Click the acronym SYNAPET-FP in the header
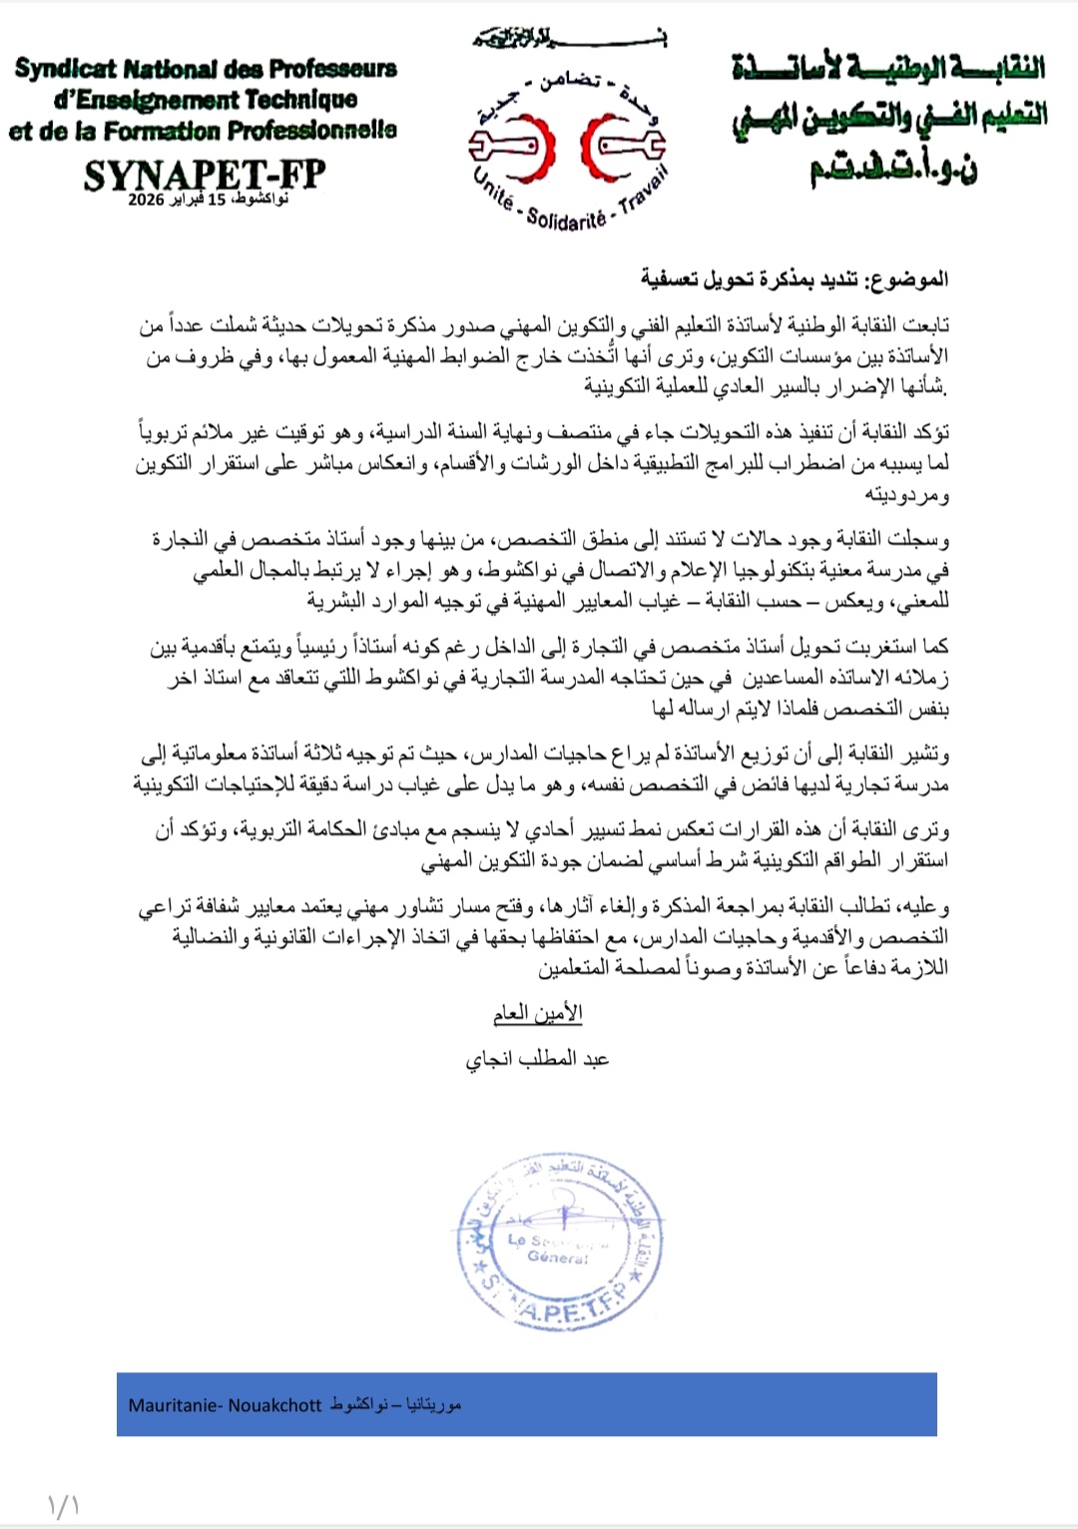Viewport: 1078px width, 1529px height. (x=204, y=174)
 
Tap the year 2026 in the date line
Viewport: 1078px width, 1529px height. (x=146, y=200)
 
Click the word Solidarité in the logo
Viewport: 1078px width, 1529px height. (x=566, y=220)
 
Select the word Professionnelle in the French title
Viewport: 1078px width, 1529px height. (x=311, y=131)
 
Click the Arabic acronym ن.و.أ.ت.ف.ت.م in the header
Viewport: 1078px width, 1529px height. (x=893, y=166)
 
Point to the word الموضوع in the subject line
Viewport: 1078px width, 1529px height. (x=908, y=278)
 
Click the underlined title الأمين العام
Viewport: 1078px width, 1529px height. (x=537, y=1013)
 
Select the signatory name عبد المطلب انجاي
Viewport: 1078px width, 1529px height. (x=537, y=1058)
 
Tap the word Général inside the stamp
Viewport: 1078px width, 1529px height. (x=558, y=1258)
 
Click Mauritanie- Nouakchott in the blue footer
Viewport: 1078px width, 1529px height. (x=225, y=1405)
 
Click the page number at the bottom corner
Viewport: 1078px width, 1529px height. (x=62, y=1505)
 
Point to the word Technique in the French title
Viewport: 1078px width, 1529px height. (x=300, y=100)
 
